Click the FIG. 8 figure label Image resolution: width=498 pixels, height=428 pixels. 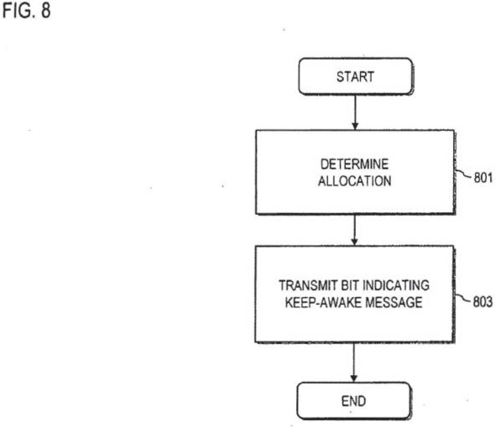click(26, 10)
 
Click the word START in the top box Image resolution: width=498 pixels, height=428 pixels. click(355, 77)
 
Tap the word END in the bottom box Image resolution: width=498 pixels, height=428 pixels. click(354, 401)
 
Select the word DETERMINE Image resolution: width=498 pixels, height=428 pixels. click(355, 164)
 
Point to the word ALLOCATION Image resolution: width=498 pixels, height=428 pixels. click(355, 181)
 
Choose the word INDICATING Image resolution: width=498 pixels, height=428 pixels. click(396, 285)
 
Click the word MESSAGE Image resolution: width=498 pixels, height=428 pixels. click(394, 302)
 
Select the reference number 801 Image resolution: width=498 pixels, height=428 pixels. click(483, 178)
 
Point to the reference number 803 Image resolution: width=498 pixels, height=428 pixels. click(483, 302)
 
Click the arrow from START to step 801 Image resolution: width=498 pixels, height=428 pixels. click(355, 112)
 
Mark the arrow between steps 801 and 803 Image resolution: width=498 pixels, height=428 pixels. click(355, 230)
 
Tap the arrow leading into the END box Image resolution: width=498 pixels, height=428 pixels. click(354, 362)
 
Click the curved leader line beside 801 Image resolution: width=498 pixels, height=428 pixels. click(464, 174)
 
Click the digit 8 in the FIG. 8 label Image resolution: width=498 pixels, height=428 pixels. click(46, 10)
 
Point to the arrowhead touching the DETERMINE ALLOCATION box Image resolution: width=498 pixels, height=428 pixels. click(355, 126)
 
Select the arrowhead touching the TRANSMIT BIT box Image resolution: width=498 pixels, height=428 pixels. click(355, 242)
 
